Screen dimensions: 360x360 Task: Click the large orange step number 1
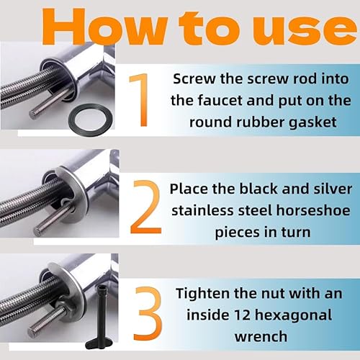click(x=140, y=100)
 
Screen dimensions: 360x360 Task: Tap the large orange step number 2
click(x=145, y=207)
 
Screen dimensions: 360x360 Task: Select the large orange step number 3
click(x=148, y=313)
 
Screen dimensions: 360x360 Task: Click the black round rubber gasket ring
click(x=91, y=120)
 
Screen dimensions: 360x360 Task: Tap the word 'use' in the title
click(x=305, y=30)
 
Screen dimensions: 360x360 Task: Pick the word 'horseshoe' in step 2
click(x=313, y=210)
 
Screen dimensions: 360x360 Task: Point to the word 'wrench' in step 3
click(x=261, y=336)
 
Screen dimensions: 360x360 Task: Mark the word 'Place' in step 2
click(x=189, y=189)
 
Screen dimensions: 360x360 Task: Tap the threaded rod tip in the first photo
click(x=33, y=114)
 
